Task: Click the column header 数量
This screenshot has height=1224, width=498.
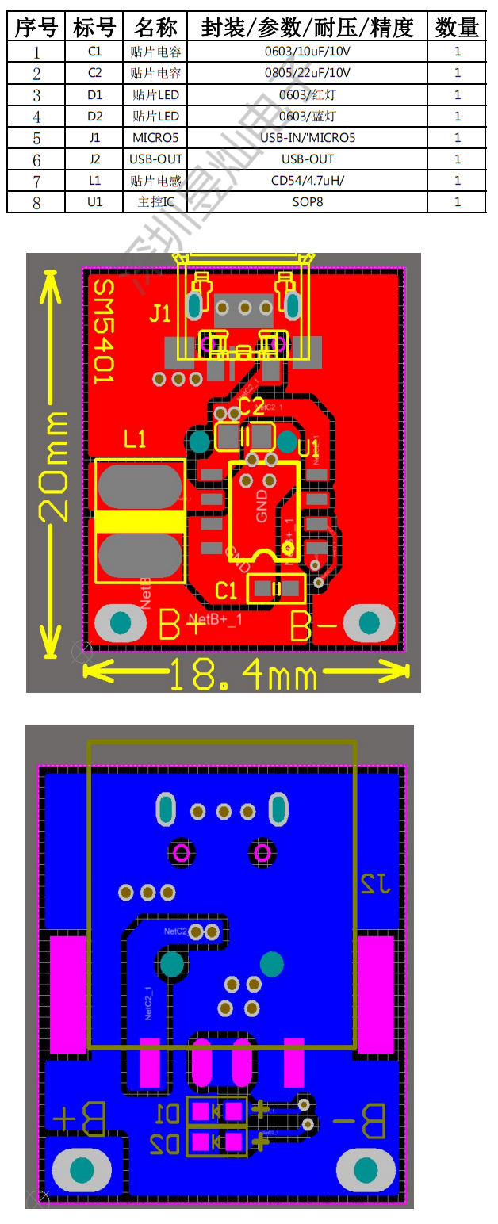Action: click(x=457, y=28)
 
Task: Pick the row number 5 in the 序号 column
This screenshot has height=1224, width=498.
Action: click(x=36, y=138)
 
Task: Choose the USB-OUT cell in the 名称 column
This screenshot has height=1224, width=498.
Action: click(x=156, y=159)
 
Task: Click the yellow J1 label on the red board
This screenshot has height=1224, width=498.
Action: click(x=160, y=314)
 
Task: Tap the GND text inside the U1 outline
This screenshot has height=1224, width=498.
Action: click(x=262, y=508)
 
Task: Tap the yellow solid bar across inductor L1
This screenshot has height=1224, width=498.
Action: click(x=140, y=521)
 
